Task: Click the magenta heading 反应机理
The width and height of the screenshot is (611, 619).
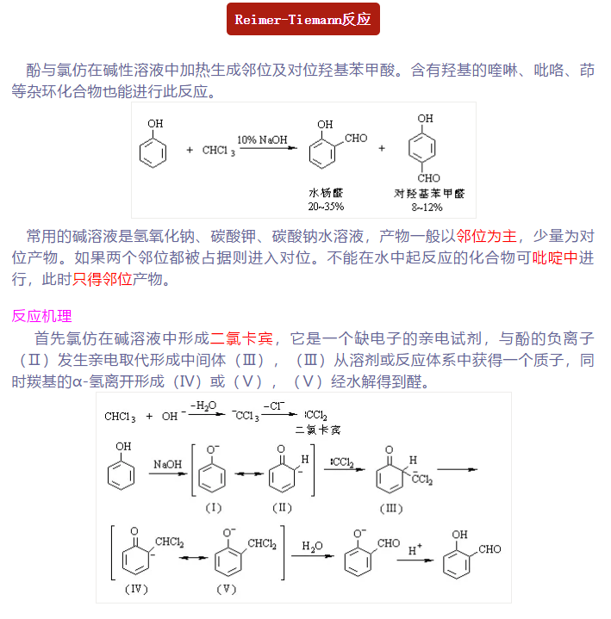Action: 41,316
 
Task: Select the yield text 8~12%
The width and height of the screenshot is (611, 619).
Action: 428,207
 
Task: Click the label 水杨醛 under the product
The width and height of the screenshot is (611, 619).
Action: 326,194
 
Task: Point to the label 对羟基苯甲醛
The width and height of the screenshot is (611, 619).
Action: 429,194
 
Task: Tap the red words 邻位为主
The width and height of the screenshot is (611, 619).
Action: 487,236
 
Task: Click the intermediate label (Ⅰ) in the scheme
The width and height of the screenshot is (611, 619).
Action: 213,507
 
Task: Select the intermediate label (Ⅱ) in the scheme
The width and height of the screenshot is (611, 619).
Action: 282,507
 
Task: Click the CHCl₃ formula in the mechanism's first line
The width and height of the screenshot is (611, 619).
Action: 121,417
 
